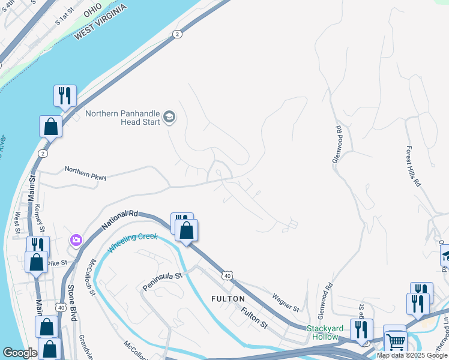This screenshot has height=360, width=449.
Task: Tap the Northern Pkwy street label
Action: [85, 173]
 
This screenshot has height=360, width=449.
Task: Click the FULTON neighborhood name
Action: [228, 299]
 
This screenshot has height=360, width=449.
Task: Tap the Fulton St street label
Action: [255, 317]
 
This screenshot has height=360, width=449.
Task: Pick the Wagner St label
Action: [285, 302]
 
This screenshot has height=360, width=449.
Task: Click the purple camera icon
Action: [76, 240]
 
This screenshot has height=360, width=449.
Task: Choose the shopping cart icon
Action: [395, 342]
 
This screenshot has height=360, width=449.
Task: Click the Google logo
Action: [19, 353]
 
